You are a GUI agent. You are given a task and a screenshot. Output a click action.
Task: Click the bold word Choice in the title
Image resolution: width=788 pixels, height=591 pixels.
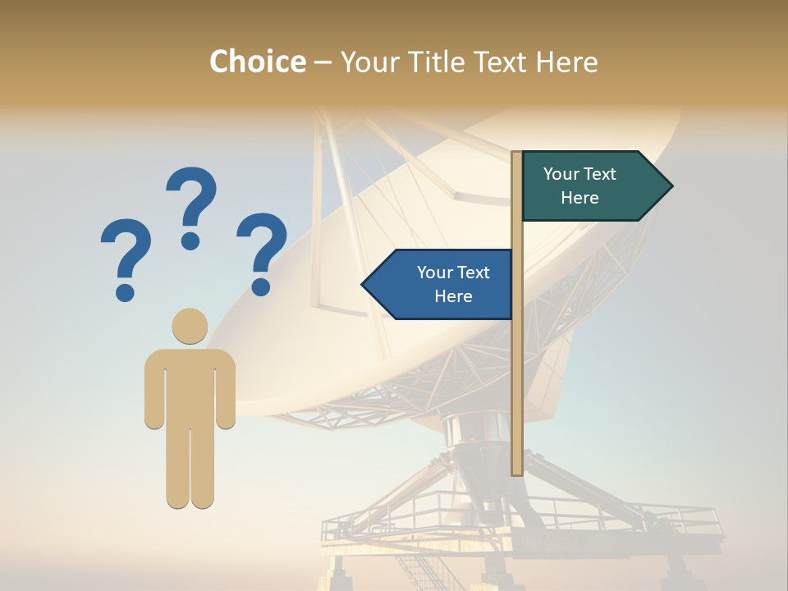click(257, 62)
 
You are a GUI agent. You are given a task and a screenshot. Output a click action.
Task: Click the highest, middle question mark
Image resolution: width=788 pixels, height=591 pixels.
click(191, 205)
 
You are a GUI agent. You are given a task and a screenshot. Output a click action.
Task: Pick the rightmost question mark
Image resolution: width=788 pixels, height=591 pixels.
click(262, 251)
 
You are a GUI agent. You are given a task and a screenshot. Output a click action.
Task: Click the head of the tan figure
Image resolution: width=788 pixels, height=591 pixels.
click(190, 326)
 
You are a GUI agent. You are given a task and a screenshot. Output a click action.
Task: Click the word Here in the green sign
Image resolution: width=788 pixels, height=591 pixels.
click(580, 198)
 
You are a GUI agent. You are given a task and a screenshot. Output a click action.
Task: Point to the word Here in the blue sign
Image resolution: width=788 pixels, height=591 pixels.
click(453, 296)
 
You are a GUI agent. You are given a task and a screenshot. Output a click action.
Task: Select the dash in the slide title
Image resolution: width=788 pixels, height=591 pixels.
click(323, 62)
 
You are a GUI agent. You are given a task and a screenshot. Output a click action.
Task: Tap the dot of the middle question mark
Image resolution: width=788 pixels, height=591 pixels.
click(191, 241)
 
